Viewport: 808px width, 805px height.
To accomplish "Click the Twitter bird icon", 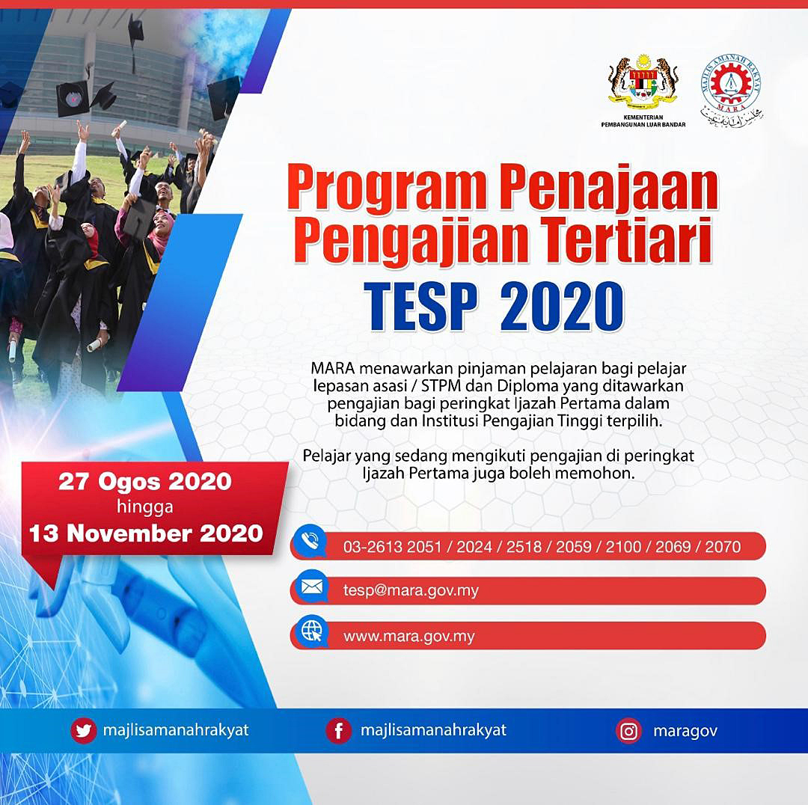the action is pos(83,731).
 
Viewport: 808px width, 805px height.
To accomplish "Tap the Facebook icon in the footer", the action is pos(339,731).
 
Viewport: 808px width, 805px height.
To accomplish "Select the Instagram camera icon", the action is pos(628,731).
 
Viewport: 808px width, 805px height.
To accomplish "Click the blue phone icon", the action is pos(310,542).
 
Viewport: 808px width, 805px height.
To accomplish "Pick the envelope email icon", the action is pos(310,587).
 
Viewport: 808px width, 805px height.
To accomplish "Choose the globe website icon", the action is pos(311,631).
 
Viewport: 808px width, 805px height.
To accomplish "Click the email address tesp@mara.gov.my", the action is pos(411,590).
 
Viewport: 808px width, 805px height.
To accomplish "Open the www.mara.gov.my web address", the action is pos(408,637).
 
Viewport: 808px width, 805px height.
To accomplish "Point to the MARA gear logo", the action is pos(731,91).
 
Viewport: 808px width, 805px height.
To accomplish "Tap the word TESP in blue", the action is pos(420,306).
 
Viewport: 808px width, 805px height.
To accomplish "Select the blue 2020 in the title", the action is pos(562,306).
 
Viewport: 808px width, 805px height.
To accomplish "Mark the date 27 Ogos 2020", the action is pos(145,482).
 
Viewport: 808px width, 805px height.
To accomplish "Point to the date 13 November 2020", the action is pos(146,533).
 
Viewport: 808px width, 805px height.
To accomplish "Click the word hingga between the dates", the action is pos(145,507).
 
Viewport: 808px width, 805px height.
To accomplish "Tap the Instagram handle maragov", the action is pos(685,731).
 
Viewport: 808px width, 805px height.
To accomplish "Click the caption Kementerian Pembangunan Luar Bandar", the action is pos(643,120).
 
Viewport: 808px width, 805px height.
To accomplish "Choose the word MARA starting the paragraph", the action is pos(333,369).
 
